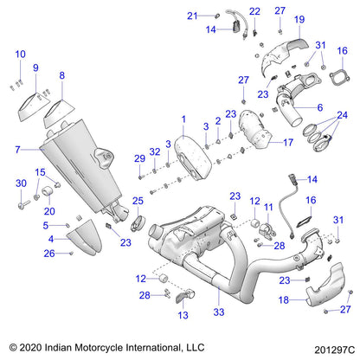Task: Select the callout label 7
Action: click(16, 149)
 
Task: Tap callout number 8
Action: click(62, 76)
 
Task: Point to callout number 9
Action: click(35, 67)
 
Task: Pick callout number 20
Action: click(48, 211)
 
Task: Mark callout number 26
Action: click(50, 253)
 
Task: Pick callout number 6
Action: click(319, 107)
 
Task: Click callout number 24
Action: click(341, 114)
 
